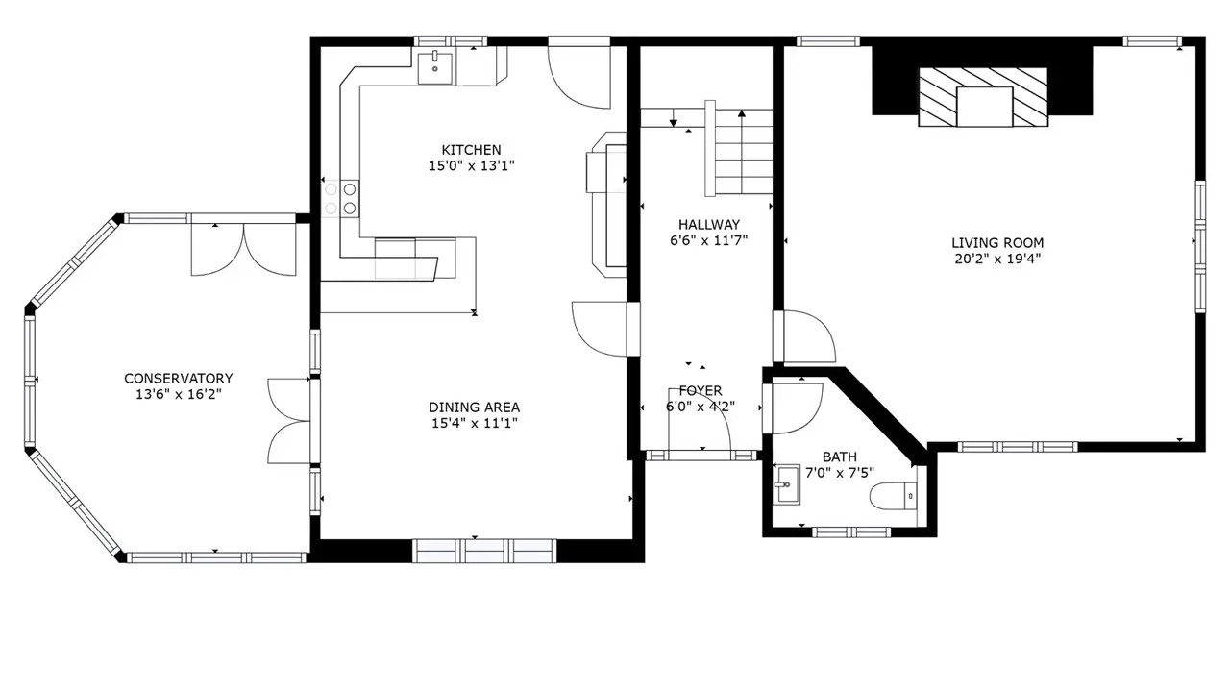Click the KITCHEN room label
coord(471,150)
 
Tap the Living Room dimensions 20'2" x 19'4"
coord(997,259)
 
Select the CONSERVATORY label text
coord(179,379)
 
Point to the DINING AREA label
coord(475,408)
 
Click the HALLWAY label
coord(709,225)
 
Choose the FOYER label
coord(701,391)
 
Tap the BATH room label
coord(840,457)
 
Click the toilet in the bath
coord(894,496)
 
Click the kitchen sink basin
coord(435,68)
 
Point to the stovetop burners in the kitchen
coord(340,199)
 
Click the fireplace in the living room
coord(983,97)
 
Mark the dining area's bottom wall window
coord(484,551)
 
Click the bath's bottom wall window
coord(851,531)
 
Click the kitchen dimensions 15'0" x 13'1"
coord(471,166)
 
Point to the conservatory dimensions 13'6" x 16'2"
coord(179,394)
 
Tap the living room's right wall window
coord(1200,247)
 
